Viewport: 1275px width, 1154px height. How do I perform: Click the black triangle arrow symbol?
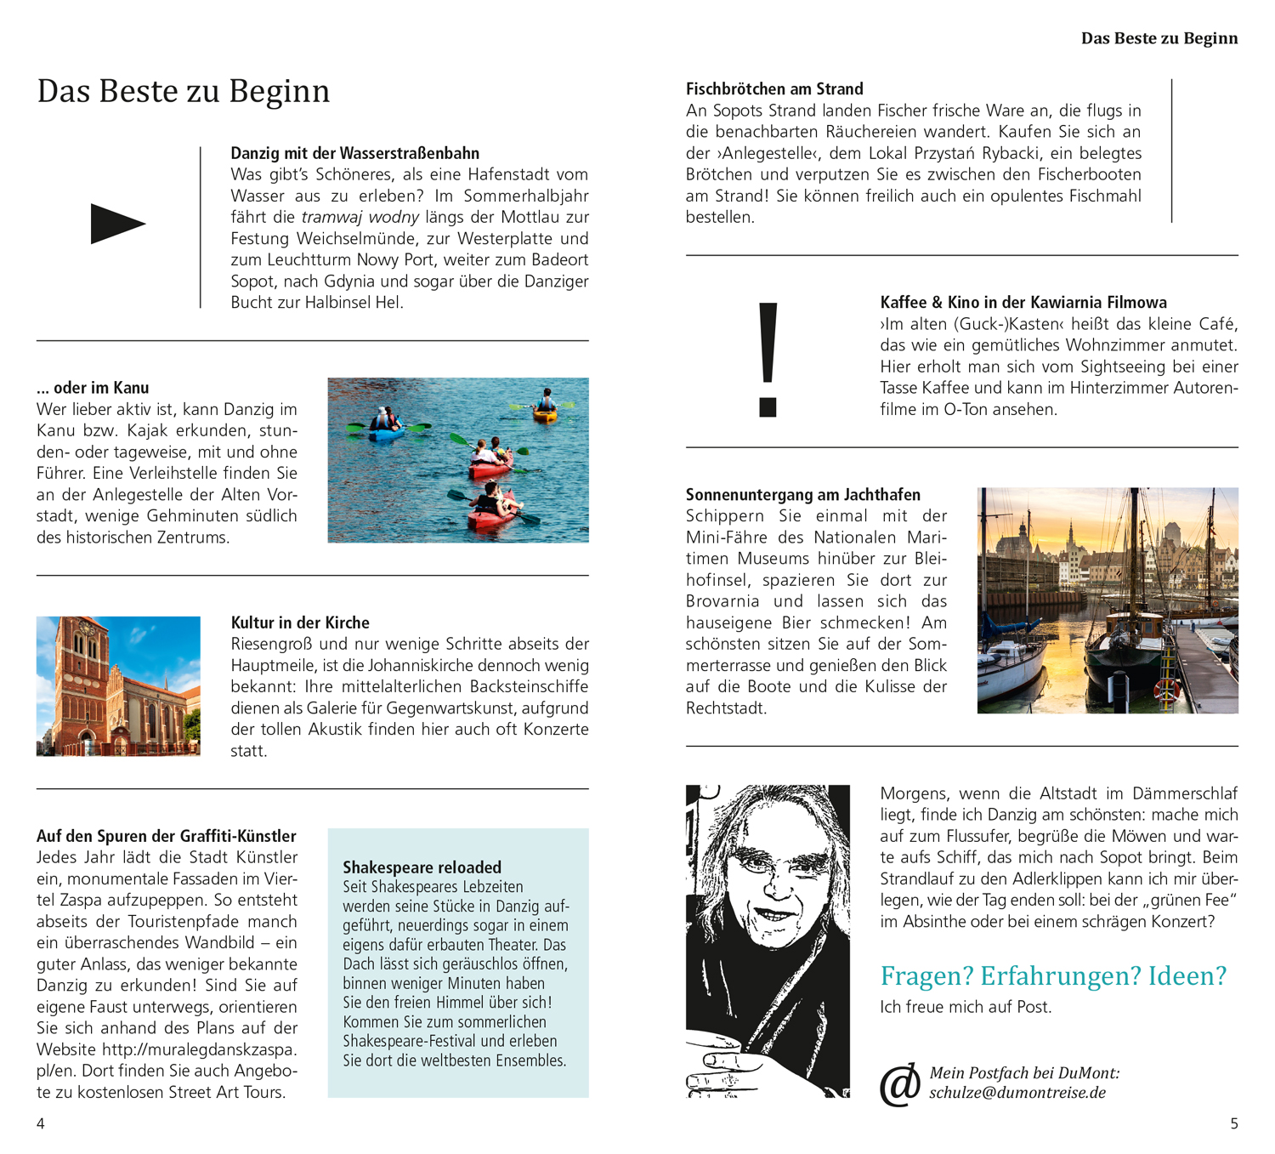pyautogui.click(x=117, y=224)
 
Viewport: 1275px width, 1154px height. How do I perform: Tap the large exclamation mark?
pyautogui.click(x=768, y=359)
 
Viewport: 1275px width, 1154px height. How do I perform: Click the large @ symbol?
pyautogui.click(x=900, y=1085)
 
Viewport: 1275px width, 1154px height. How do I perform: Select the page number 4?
pyautogui.click(x=40, y=1123)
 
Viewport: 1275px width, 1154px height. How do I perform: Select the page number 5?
pyautogui.click(x=1234, y=1123)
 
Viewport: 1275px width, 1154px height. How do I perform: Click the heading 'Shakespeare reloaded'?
pyautogui.click(x=422, y=867)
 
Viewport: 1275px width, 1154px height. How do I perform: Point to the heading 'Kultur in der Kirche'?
pyautogui.click(x=300, y=622)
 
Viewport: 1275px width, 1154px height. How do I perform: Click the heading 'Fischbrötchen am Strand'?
pyautogui.click(x=774, y=89)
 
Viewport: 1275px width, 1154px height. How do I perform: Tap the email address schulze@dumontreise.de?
pyautogui.click(x=1017, y=1093)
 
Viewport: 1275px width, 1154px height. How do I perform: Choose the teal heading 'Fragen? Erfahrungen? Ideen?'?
pyautogui.click(x=1053, y=975)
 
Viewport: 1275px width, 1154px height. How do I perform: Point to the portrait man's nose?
pyautogui.click(x=778, y=884)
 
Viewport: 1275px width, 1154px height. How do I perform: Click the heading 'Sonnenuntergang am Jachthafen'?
pyautogui.click(x=802, y=495)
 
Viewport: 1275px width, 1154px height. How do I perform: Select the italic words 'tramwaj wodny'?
pyautogui.click(x=360, y=217)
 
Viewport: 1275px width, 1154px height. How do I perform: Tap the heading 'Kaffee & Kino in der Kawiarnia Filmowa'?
pyautogui.click(x=1023, y=303)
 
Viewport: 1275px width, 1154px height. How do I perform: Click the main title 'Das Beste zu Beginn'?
pyautogui.click(x=183, y=91)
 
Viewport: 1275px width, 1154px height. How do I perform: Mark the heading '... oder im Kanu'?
pyautogui.click(x=93, y=388)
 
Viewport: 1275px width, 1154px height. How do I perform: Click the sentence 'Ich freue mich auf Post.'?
pyautogui.click(x=966, y=1007)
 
